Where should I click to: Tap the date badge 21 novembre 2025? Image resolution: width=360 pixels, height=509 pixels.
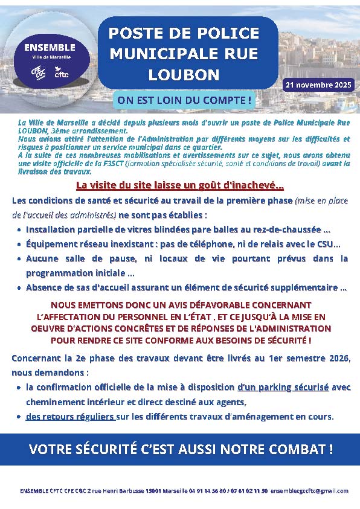coord(319,85)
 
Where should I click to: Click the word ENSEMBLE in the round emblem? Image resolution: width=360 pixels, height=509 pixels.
coord(50,47)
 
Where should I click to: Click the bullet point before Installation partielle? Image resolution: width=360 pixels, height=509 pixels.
coord(19,230)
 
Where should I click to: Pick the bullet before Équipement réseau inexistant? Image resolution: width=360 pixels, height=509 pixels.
coord(19,245)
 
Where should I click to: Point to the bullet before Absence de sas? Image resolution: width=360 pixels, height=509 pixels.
coord(19,288)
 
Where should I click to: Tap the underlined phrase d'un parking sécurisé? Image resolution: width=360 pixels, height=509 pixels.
coord(283,387)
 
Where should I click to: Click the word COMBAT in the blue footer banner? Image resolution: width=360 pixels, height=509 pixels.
coord(294,449)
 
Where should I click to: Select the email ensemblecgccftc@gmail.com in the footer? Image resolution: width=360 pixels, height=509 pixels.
coord(309,491)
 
